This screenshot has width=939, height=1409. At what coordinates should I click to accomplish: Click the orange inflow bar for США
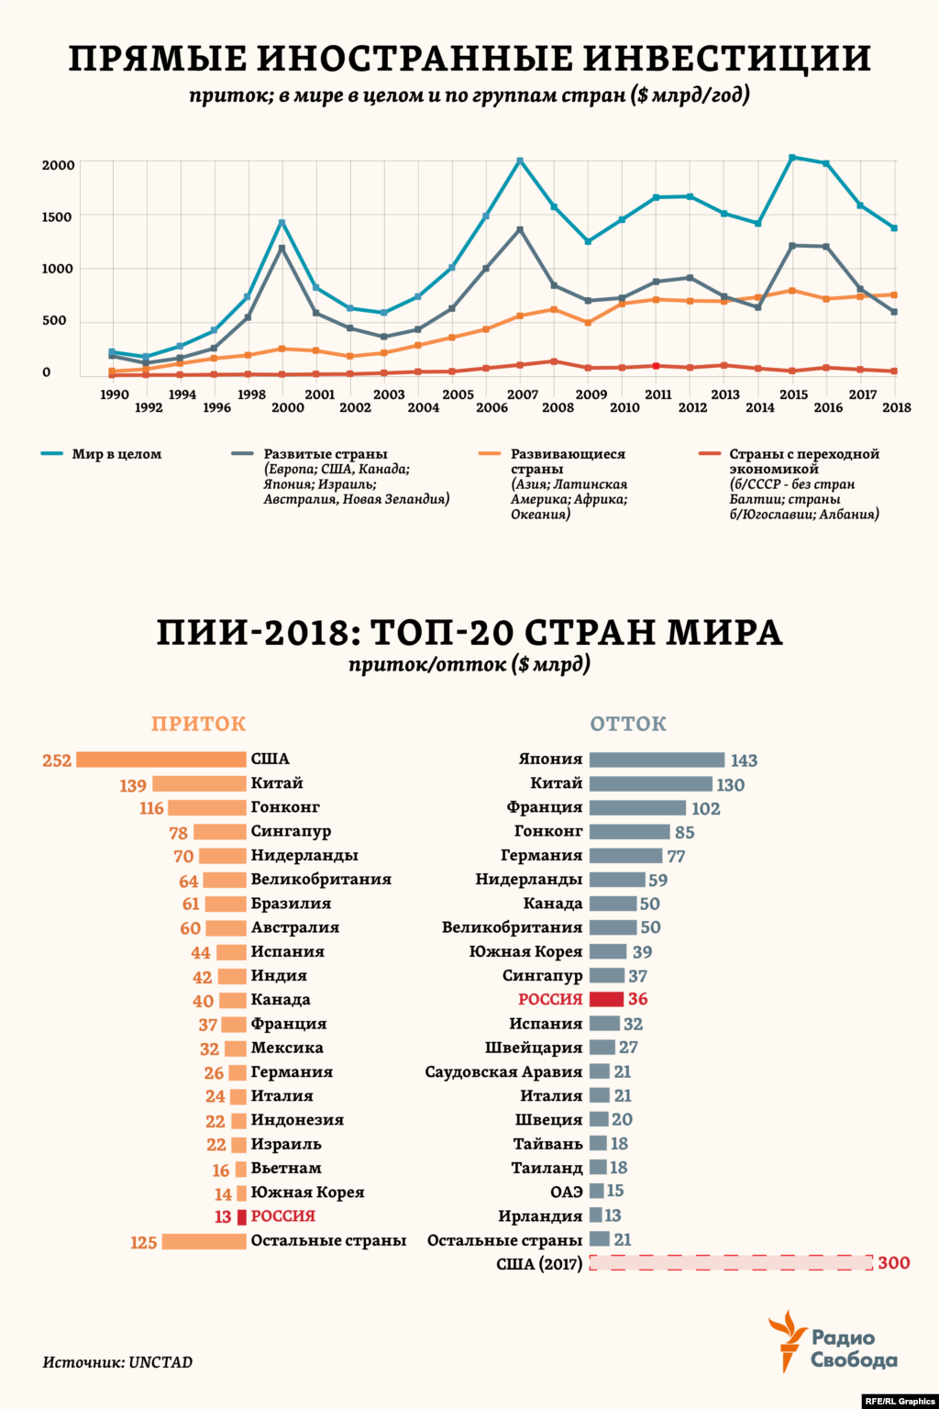coord(161,760)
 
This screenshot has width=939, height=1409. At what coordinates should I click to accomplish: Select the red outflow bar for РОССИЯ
coord(606,999)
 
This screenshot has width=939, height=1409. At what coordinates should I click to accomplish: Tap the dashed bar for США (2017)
coord(730,1263)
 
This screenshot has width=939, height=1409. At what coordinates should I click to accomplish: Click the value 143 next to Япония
coord(744,760)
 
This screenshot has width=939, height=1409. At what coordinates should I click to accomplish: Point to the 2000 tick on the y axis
coord(59,165)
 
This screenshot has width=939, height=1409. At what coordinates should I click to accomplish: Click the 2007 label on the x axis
coord(523,394)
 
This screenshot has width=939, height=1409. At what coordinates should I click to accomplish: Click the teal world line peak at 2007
coord(520,161)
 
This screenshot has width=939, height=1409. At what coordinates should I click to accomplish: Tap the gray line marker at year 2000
coord(282,248)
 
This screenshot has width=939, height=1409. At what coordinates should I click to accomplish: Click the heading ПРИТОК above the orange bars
coord(199,724)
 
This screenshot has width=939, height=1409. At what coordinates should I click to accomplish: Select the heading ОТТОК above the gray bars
coord(628,724)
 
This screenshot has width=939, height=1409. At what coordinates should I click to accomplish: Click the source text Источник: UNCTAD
coord(117,1362)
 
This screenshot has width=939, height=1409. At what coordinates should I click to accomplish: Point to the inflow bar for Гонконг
coord(207,807)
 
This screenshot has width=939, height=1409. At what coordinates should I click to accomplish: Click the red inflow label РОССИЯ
coord(283,1216)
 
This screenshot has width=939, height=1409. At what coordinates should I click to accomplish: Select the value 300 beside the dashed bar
coord(893,1263)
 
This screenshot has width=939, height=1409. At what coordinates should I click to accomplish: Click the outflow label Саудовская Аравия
coord(503,1071)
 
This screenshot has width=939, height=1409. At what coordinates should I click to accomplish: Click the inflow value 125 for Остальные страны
coord(143,1242)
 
